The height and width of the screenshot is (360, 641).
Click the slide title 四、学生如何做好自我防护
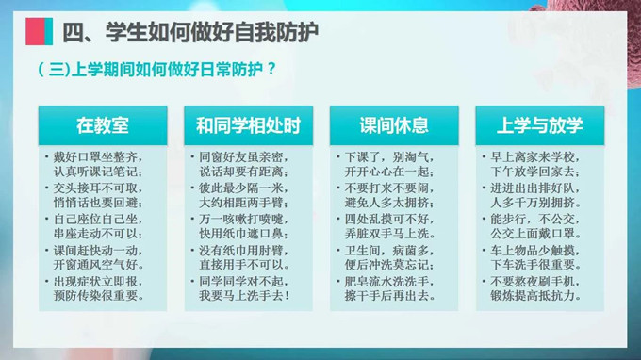pyautogui.click(x=189, y=31)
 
